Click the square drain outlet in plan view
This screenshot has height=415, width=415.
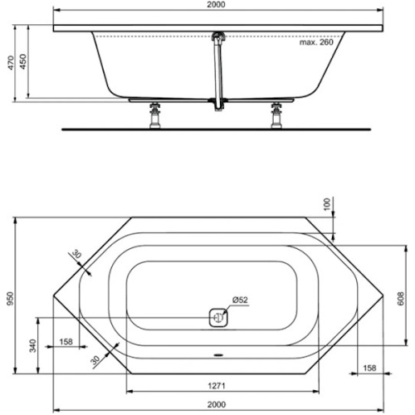point(218,317)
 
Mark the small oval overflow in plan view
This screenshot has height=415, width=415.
point(218,360)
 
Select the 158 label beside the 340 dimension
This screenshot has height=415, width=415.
point(66,343)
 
